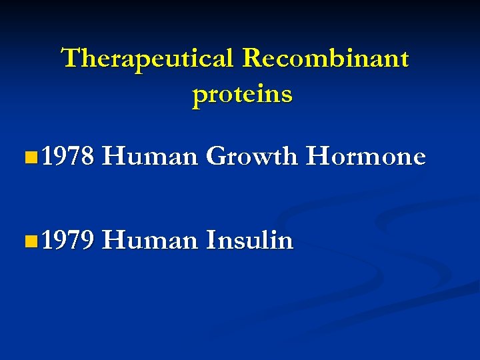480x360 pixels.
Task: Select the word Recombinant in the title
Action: (325, 59)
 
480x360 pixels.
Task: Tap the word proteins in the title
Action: (242, 95)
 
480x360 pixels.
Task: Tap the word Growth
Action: (251, 157)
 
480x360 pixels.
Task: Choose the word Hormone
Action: (365, 157)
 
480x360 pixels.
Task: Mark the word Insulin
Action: (249, 241)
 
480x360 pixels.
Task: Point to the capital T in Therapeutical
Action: (70, 59)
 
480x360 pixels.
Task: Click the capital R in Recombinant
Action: (251, 59)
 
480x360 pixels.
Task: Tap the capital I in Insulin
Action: (211, 241)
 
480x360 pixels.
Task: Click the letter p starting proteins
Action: (199, 96)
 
